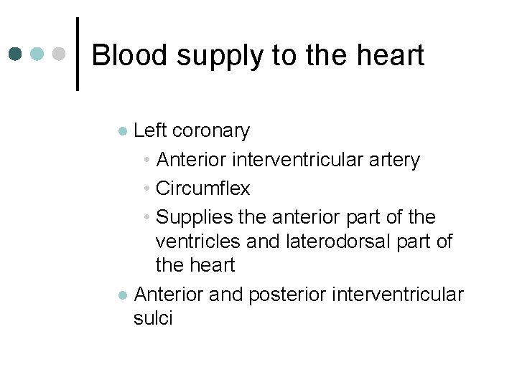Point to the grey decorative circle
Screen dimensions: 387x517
(x=60, y=54)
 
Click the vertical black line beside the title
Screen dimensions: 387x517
(x=77, y=54)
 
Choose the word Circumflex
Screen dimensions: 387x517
(x=203, y=188)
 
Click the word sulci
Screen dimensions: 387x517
(x=153, y=318)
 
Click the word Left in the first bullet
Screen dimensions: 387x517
(x=151, y=131)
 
